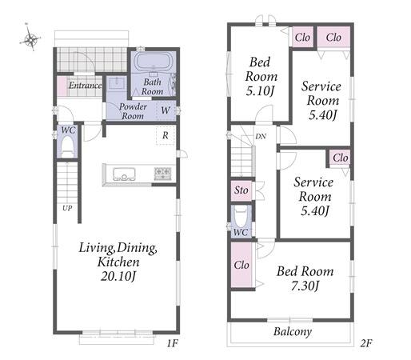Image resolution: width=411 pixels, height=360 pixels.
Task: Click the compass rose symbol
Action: point(30,39)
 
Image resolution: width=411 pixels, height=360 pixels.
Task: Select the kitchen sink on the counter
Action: point(124,174)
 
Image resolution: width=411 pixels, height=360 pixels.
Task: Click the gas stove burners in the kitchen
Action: point(162,174)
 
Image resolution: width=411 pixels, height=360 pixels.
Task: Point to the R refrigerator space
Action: point(166,135)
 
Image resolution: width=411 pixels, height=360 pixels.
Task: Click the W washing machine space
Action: point(166,110)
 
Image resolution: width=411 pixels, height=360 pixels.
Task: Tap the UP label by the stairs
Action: point(67,208)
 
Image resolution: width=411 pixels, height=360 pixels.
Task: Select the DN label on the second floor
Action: point(261,137)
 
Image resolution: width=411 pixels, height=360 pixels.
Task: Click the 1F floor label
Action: point(172,343)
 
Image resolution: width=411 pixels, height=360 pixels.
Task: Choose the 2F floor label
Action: point(366,343)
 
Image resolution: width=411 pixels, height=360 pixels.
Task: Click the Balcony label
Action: point(293,332)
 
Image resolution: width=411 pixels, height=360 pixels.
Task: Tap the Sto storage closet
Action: point(241,190)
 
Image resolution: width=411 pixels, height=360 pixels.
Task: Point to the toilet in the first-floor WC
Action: point(68,147)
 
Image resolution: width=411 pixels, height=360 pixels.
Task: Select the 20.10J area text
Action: point(118,277)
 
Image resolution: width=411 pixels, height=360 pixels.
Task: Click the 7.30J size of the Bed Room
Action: point(305,286)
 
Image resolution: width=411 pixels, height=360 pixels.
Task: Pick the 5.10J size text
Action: point(260,91)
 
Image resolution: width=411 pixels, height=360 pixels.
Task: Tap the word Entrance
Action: point(86,86)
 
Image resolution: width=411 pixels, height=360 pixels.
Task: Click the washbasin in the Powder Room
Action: point(117,83)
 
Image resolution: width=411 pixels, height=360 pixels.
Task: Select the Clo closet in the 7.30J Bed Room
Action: point(241,265)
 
